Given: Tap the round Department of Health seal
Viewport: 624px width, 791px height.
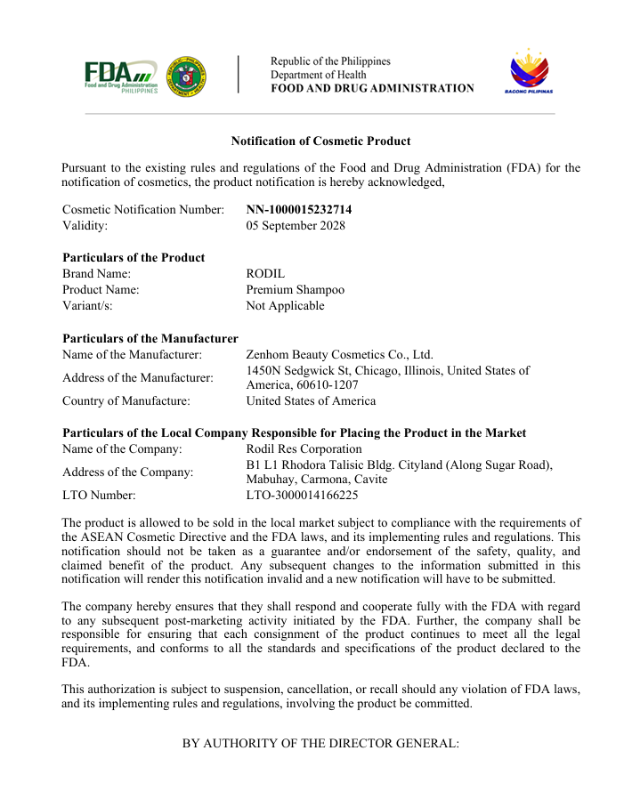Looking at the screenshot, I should (187, 77).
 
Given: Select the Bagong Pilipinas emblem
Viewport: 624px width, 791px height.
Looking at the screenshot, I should (529, 71).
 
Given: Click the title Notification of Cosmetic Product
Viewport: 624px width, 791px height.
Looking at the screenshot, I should (320, 141).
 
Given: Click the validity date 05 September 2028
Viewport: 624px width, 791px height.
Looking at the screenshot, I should (296, 225).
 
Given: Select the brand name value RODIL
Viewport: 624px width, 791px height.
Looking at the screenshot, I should (265, 274).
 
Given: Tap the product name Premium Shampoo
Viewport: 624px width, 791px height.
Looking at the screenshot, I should (295, 290).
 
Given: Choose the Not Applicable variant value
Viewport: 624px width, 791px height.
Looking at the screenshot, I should (285, 306).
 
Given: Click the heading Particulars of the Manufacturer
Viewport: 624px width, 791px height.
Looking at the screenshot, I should (150, 338).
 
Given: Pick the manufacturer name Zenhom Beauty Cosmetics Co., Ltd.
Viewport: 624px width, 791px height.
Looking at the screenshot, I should (339, 354).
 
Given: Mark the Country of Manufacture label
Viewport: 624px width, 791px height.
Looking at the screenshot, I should (126, 401).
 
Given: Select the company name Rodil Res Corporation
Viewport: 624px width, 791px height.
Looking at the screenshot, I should (304, 449).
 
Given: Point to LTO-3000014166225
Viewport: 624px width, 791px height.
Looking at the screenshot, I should (302, 496).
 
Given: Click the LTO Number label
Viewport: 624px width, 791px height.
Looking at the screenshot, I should (99, 496).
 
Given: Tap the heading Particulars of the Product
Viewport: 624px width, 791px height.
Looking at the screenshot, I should (134, 258).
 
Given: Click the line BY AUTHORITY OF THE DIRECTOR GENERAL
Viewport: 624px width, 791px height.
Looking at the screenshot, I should (320, 742).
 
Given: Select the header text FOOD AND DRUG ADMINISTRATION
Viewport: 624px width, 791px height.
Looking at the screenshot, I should (372, 88).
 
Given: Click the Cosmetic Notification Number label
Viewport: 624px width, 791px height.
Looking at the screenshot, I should (143, 209).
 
